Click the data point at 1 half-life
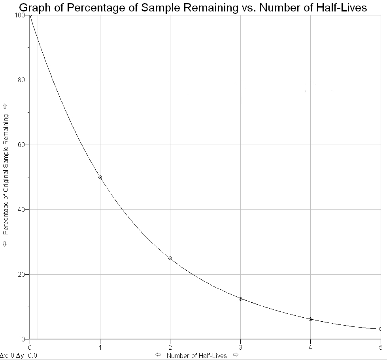coord(100,177)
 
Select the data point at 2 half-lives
coord(170,258)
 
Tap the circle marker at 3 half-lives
coord(240,299)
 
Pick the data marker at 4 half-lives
coord(310,319)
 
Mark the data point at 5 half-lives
coord(380,329)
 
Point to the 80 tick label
coord(22,80)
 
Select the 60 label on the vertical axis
coord(22,145)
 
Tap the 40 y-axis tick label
coord(22,209)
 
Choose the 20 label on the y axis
coord(22,274)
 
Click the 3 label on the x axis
coord(240,347)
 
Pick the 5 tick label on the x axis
coord(380,347)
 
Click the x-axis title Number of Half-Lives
coord(197,356)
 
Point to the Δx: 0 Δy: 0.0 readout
coord(19,356)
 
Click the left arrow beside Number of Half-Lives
coord(158,355)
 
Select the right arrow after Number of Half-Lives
coord(236,355)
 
